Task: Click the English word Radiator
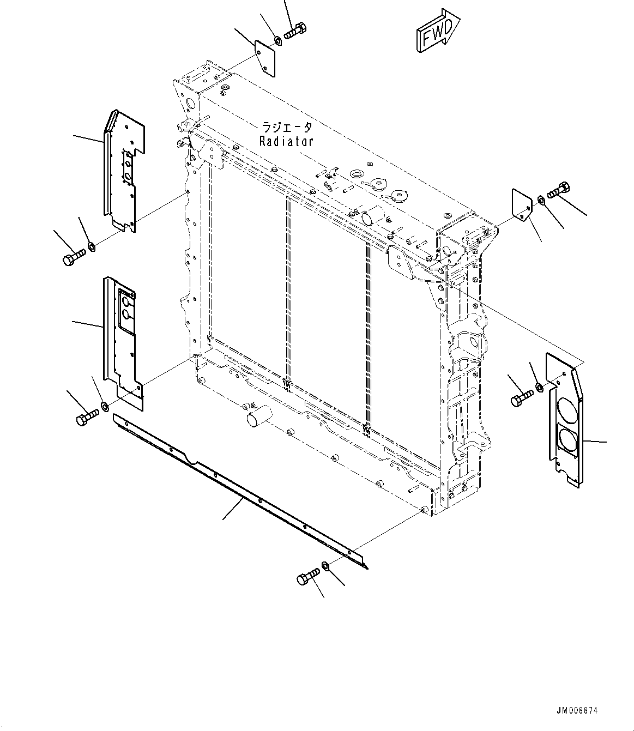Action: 286,142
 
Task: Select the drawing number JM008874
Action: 577,711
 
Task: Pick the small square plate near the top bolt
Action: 265,57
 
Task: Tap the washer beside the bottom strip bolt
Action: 325,566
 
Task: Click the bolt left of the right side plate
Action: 521,398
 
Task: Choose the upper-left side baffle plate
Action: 124,169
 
